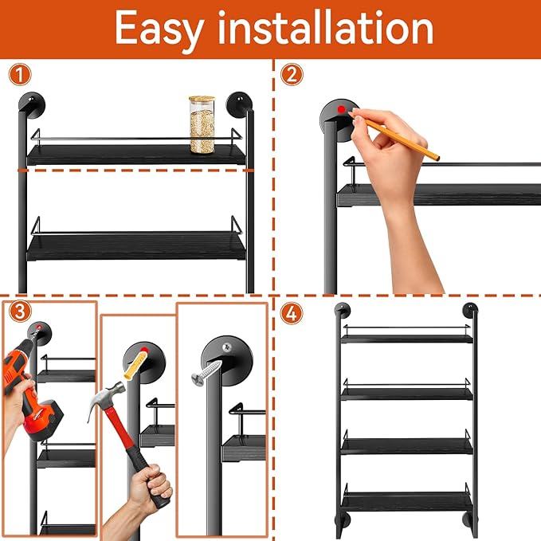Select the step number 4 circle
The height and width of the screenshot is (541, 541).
[x=292, y=313]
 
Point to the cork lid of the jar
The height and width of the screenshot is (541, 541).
[x=202, y=100]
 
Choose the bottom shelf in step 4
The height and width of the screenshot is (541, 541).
[x=406, y=500]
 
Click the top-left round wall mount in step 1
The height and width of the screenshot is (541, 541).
[x=33, y=104]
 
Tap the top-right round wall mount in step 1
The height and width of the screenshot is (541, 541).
[x=238, y=104]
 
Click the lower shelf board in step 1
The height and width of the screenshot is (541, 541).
[x=135, y=245]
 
